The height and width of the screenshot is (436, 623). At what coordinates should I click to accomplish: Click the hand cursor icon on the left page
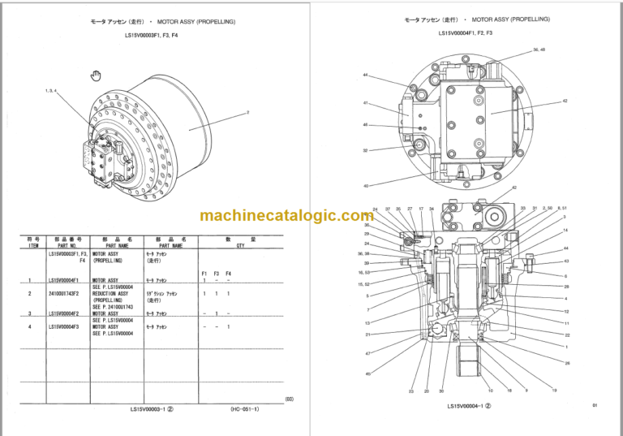point(95,76)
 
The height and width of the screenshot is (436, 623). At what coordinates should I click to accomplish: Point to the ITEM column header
point(33,244)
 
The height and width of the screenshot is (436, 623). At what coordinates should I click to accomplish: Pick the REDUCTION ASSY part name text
point(110,292)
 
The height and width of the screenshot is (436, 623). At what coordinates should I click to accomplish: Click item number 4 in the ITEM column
point(30,326)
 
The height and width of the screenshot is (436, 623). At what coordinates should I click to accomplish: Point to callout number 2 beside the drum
point(247,111)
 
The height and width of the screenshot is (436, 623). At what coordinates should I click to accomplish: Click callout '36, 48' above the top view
point(539,50)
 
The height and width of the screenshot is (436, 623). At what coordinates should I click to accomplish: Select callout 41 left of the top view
point(366,103)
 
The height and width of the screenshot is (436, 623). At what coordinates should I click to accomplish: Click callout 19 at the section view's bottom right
point(554,391)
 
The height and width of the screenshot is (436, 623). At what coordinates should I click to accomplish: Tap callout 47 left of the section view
point(367,354)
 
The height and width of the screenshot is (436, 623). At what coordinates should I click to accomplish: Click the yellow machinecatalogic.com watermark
point(286,215)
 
